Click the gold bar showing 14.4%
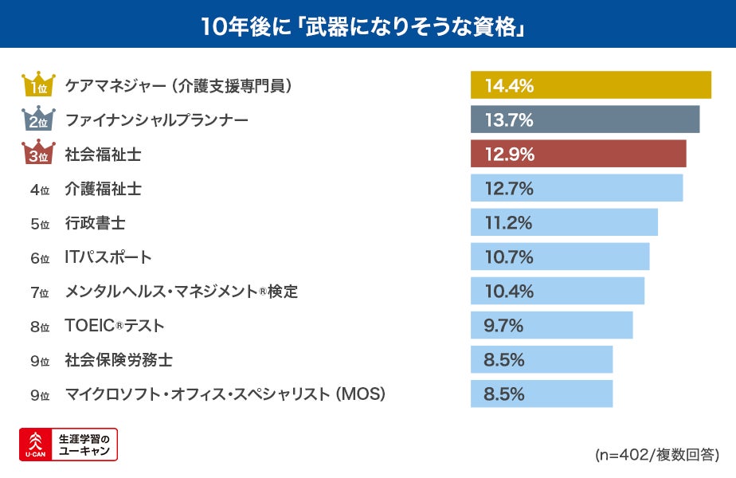coord(590,85)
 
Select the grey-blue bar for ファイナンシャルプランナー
coord(585,119)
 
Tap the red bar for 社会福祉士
coord(577,154)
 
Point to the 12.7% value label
coord(508,189)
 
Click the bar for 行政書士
coord(564,222)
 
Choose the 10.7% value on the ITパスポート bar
coord(508,257)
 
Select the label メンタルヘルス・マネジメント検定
coord(181,292)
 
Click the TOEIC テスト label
coord(115,326)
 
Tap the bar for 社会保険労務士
coord(541,360)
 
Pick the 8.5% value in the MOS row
coord(503,394)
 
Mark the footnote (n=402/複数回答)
coord(656,455)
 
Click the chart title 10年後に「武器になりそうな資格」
coord(367,25)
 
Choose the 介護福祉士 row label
coord(103,189)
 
